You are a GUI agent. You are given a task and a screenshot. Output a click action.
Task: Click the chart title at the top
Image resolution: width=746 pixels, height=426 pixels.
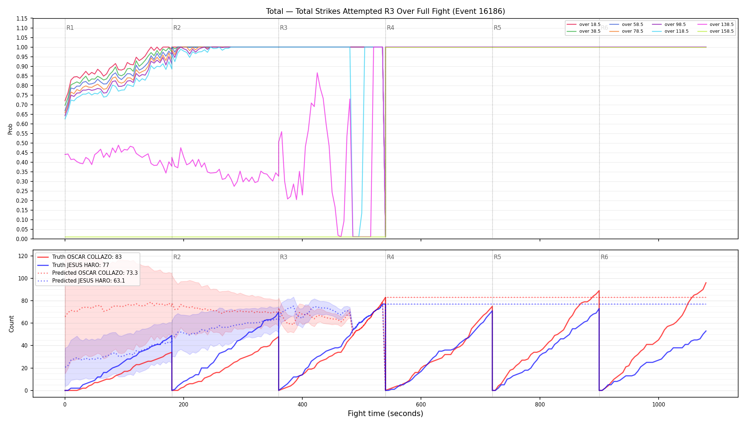click(385, 11)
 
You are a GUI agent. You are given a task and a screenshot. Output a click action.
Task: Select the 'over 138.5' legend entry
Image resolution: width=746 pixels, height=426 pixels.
click(715, 24)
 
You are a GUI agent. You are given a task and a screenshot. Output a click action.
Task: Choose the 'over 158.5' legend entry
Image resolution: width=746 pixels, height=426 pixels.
click(715, 31)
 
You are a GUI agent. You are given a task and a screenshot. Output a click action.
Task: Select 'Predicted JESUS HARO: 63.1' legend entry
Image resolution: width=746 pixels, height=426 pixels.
click(87, 281)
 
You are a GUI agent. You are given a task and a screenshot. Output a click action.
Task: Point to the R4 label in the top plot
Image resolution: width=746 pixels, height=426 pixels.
click(390, 28)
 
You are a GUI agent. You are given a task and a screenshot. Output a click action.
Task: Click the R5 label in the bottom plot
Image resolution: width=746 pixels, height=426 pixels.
click(497, 257)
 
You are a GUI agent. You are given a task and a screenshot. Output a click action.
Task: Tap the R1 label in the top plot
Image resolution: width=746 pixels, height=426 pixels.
click(70, 28)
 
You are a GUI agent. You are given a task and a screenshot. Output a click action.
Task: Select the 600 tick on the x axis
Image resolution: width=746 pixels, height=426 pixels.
click(421, 405)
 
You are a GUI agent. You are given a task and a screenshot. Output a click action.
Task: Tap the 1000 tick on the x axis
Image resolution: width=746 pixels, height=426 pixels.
click(659, 405)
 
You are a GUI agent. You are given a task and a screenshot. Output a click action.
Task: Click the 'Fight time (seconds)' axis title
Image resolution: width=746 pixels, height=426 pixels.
click(385, 414)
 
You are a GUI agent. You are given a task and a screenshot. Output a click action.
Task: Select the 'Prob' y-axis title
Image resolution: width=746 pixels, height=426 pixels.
click(10, 129)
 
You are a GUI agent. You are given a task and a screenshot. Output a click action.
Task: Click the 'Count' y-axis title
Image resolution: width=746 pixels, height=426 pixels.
click(11, 324)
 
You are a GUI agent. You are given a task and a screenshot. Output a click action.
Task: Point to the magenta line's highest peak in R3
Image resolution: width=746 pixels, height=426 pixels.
click(317, 73)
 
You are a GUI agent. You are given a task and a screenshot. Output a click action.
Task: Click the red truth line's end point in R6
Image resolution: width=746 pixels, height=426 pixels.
click(706, 283)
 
